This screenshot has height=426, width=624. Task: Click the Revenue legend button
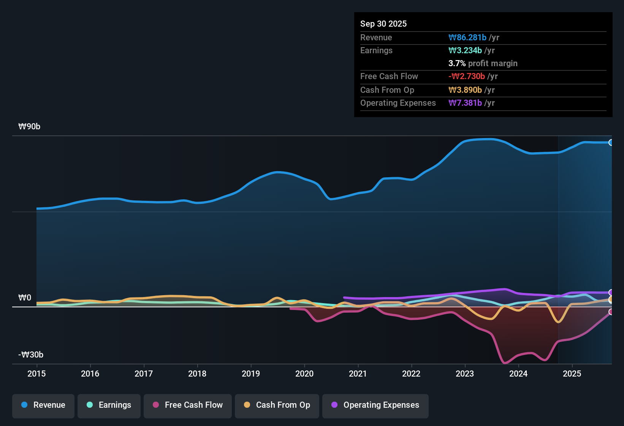point(43,405)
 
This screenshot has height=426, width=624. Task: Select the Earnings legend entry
point(109,405)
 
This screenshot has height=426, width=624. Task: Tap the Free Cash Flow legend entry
point(188,405)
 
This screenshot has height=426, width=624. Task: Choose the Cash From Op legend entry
point(277,405)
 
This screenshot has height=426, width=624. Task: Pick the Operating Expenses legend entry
point(375,405)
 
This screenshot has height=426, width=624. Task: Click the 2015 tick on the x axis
point(36,374)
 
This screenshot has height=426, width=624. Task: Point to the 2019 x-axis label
point(251,374)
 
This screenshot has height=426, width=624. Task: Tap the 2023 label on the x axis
point(465,374)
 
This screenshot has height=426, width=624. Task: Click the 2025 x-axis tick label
point(572,374)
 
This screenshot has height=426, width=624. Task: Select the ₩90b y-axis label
point(29,127)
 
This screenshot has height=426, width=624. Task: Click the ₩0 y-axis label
point(25,298)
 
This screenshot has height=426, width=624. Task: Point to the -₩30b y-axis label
point(31,355)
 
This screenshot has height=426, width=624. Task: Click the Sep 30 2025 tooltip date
point(383,24)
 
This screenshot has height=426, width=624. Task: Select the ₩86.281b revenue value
point(467,37)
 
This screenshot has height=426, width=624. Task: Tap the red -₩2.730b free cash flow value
point(467,76)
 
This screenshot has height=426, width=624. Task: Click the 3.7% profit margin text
point(483,64)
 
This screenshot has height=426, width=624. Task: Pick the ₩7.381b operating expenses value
point(465,103)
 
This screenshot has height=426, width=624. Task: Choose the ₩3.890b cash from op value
point(465,90)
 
